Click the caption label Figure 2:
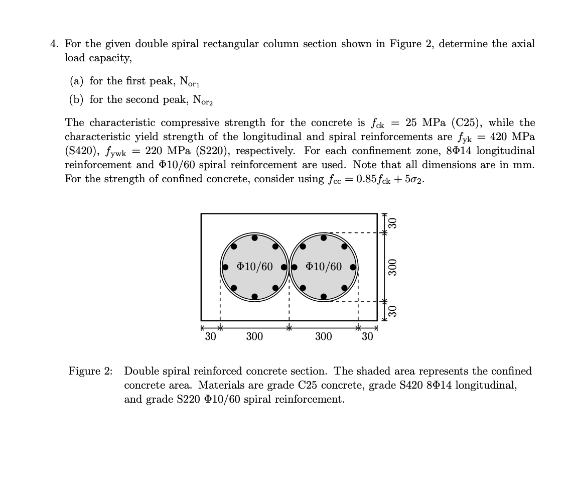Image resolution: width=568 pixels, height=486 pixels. point(91,371)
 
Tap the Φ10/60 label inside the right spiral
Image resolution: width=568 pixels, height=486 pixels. point(324,267)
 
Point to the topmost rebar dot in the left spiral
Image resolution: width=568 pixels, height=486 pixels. point(255,238)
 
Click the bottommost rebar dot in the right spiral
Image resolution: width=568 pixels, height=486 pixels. point(324,297)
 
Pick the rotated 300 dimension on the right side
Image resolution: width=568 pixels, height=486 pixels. point(393,267)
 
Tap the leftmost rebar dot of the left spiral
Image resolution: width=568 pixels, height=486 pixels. point(225,267)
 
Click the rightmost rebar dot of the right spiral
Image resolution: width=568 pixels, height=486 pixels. point(353,267)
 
